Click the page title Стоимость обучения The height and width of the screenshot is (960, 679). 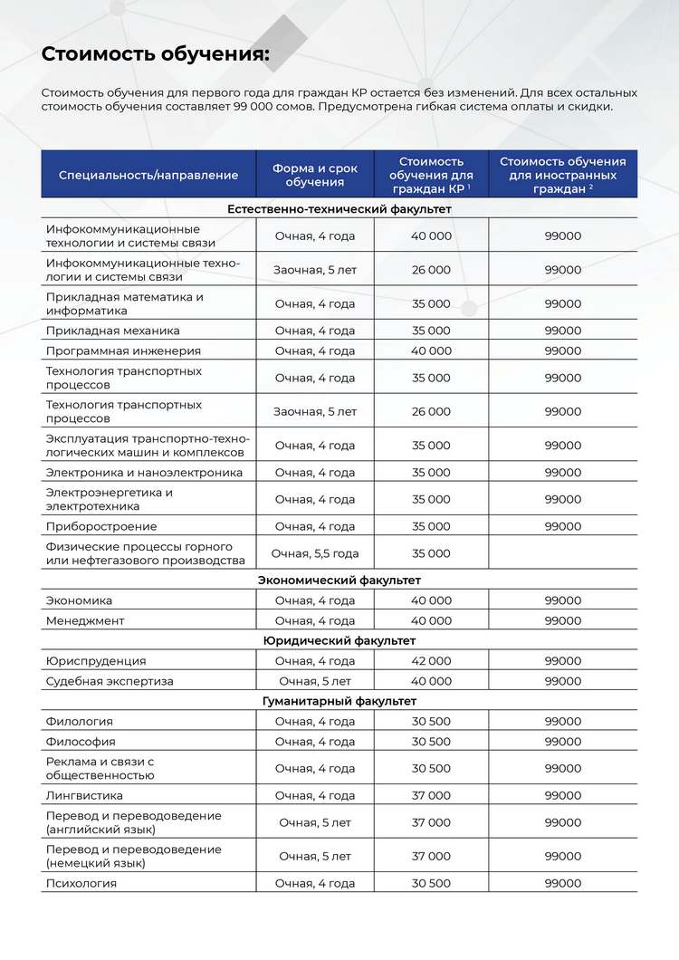(156, 54)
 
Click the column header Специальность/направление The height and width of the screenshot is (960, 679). (148, 175)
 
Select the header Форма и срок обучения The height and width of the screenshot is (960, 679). (315, 175)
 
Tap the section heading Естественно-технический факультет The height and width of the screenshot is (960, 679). (339, 209)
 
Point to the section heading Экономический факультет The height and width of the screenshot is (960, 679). (339, 580)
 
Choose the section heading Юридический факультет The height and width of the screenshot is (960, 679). (339, 640)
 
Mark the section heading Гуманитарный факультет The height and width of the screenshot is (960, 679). (339, 701)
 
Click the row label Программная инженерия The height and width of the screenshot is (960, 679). (123, 350)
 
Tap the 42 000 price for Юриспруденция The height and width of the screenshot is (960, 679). (431, 661)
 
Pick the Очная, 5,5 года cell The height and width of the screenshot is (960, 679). (315, 553)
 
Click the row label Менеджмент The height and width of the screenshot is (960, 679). (85, 620)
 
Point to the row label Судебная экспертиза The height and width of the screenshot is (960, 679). (110, 681)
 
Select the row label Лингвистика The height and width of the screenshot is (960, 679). (84, 795)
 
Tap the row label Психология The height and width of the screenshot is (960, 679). (81, 883)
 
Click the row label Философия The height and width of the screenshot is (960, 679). (81, 742)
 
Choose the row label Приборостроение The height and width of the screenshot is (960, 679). (101, 526)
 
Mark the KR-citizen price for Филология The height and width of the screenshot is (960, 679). (431, 722)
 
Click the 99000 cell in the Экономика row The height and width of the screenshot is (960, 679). (563, 600)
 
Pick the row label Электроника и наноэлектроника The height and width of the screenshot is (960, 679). (144, 473)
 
